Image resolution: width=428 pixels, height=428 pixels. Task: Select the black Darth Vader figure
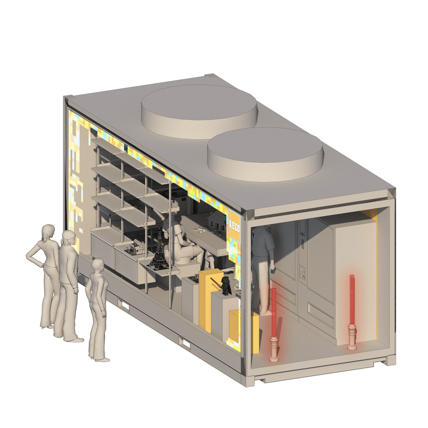(x=226, y=286)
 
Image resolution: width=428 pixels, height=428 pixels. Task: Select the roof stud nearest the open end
(x=265, y=154)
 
